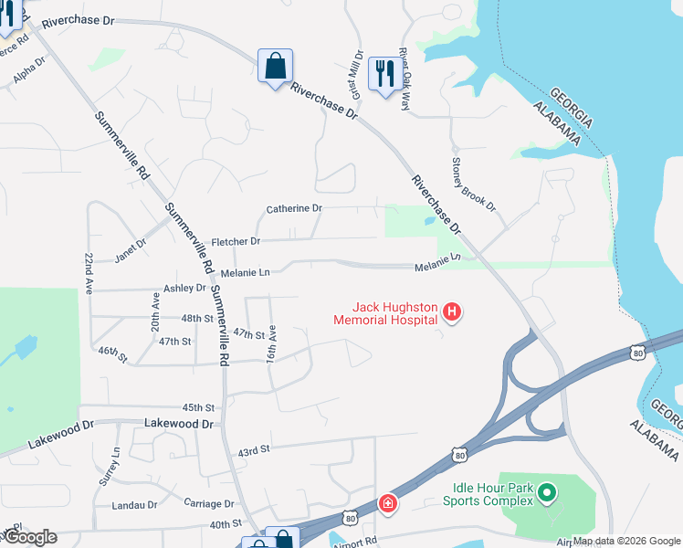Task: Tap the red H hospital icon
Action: (x=451, y=313)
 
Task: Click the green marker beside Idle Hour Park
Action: (x=547, y=495)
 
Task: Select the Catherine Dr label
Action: (x=294, y=209)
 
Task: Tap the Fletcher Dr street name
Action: (x=236, y=242)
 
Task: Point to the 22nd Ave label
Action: (x=89, y=273)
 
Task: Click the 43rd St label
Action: (x=254, y=450)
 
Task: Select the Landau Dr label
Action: (x=134, y=505)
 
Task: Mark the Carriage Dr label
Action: (x=209, y=503)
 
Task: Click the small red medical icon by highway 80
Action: (x=388, y=503)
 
